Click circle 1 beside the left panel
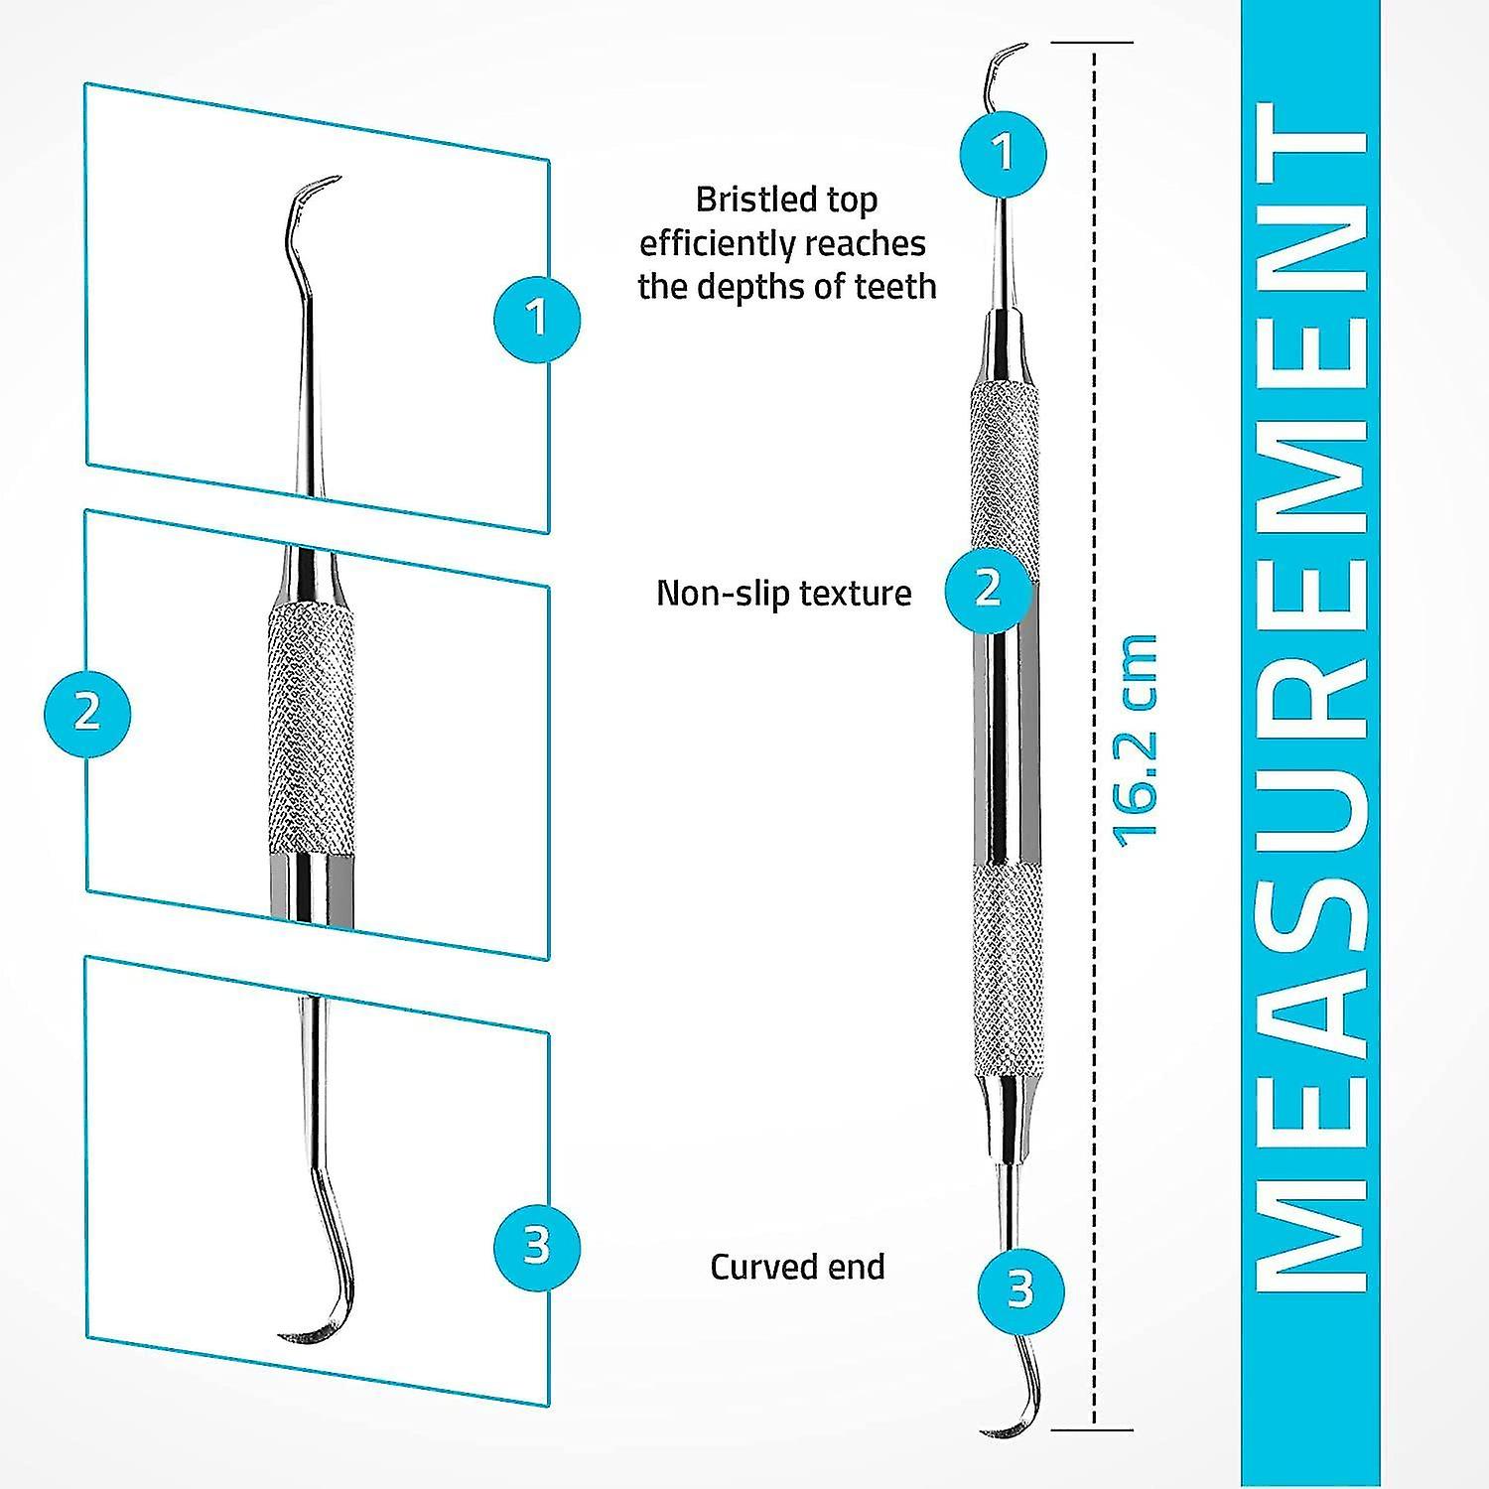point(537,319)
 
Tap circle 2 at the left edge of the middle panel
point(87,713)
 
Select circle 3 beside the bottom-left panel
point(537,1244)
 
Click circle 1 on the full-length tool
point(1003,153)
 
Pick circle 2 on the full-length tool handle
point(988,589)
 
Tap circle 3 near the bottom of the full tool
point(1020,1289)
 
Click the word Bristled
point(743,200)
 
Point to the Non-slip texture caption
point(783,594)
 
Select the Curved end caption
point(797,1268)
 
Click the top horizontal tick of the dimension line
point(1092,43)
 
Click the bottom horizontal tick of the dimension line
point(1092,1429)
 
